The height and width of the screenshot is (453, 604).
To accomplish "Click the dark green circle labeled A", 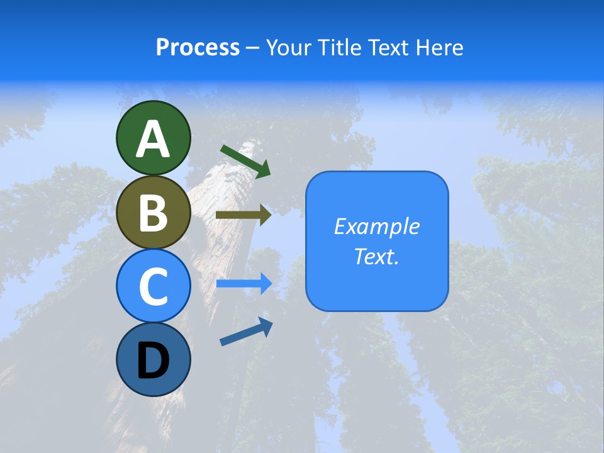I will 153,138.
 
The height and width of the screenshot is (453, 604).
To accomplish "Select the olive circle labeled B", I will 153,212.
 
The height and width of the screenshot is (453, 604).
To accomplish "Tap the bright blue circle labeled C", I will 153,286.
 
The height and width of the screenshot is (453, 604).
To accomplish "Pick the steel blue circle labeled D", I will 153,359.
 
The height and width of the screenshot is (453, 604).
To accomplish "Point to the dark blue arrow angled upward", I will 246,332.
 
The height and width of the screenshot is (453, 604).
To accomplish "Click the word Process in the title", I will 198,48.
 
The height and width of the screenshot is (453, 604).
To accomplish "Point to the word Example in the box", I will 377,226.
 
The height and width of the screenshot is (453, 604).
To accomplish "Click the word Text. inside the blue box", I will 377,257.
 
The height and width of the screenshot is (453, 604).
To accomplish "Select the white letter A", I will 153,139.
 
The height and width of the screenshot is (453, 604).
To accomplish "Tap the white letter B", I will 153,213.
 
